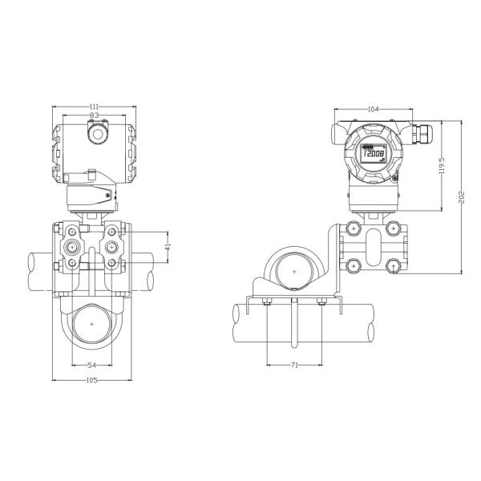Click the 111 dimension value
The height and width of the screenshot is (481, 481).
94,106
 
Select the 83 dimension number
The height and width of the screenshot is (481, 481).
94,116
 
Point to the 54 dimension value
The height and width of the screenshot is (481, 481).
91,365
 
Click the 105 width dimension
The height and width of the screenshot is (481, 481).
91,379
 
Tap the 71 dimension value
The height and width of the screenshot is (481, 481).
294,365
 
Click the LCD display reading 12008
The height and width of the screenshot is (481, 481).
372,154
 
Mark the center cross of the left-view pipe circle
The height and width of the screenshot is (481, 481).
93,322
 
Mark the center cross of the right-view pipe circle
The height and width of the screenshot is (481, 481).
294,273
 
